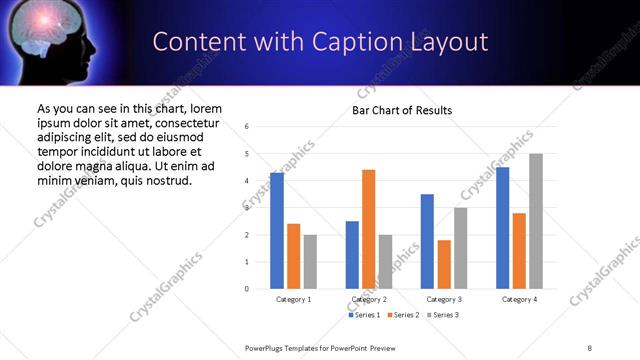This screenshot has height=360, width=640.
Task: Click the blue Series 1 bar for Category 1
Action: coord(277,231)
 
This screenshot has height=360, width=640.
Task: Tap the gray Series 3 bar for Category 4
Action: coord(536,221)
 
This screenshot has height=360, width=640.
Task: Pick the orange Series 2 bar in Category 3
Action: coord(444,264)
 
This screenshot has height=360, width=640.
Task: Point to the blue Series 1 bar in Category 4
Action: coord(503,228)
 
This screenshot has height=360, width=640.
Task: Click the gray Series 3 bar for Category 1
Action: coord(310,262)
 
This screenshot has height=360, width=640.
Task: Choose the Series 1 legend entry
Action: coord(365,315)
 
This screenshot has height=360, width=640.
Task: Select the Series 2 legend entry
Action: coord(404,315)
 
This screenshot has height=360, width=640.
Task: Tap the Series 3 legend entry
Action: coord(443,315)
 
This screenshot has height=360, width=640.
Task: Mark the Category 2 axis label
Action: coord(369,300)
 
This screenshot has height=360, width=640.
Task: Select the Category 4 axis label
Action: coord(519,300)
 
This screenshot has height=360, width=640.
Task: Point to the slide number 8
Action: coord(590,347)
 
